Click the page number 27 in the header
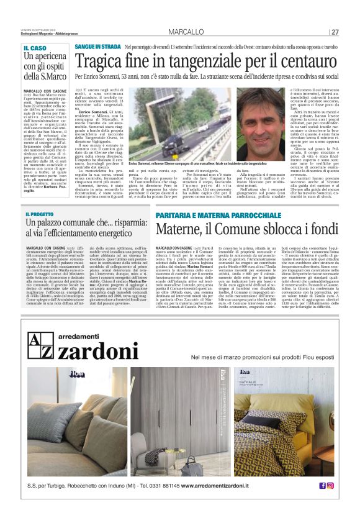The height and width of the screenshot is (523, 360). (335, 32)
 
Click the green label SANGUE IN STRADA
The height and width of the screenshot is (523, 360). (98, 47)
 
